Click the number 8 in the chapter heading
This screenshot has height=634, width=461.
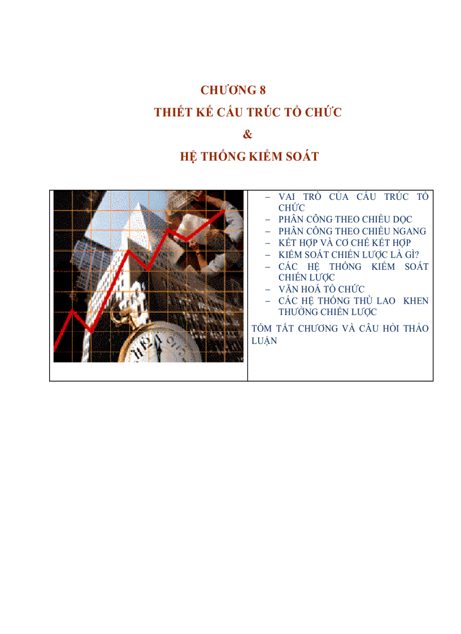(x=262, y=90)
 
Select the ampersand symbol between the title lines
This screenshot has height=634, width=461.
(x=246, y=134)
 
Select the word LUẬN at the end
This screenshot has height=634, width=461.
(x=264, y=340)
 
